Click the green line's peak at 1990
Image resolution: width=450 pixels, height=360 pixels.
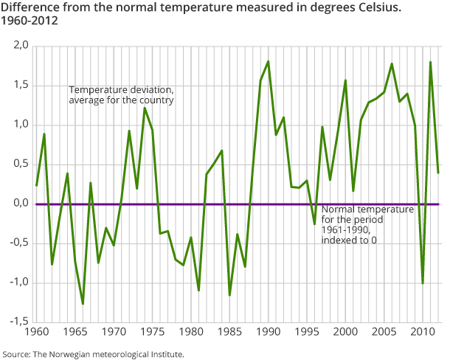coord(268,61)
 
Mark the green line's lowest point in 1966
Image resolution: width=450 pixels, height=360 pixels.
coord(83,304)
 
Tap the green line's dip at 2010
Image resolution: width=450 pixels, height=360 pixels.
coord(422,283)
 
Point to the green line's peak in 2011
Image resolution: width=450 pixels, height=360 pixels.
coord(430,62)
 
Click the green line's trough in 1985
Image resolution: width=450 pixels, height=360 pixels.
coord(229,295)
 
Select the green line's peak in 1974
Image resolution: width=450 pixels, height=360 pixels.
coord(145,108)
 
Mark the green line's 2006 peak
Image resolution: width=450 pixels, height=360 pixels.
coord(392,63)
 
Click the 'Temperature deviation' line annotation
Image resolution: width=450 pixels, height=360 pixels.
coord(121,94)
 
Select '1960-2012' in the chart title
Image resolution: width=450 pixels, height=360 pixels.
coord(29,21)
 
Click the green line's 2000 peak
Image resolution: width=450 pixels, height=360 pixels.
coord(345,80)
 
